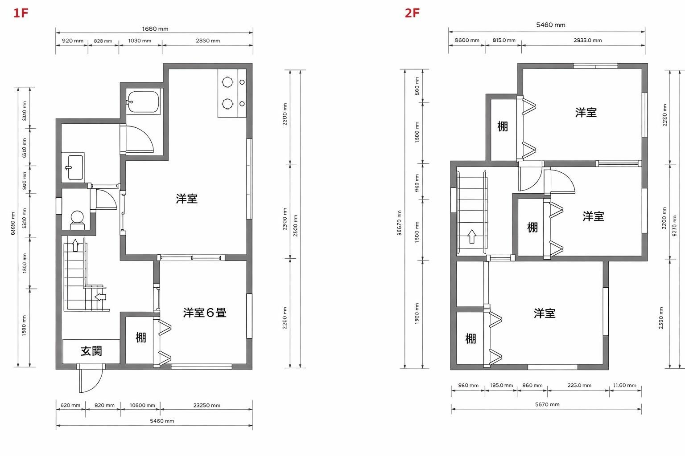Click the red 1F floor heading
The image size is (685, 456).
[21, 12]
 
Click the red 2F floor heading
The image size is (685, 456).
[412, 12]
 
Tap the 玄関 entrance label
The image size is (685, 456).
[91, 351]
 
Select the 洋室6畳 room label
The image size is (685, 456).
[205, 313]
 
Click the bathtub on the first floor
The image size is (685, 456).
[143, 102]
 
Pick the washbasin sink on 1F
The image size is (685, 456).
[75, 167]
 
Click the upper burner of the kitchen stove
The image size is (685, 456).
[227, 82]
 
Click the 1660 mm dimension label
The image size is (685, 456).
[155, 29]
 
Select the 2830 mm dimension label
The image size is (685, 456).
[208, 41]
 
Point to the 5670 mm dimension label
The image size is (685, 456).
[547, 404]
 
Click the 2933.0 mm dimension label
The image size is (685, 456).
[587, 40]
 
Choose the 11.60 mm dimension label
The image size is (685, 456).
[625, 385]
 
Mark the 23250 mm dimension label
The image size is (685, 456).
[206, 405]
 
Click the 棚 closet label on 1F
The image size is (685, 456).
[141, 338]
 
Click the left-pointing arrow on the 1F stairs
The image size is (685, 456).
[101, 296]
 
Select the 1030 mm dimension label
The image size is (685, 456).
[140, 41]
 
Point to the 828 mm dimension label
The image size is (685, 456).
[103, 41]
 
